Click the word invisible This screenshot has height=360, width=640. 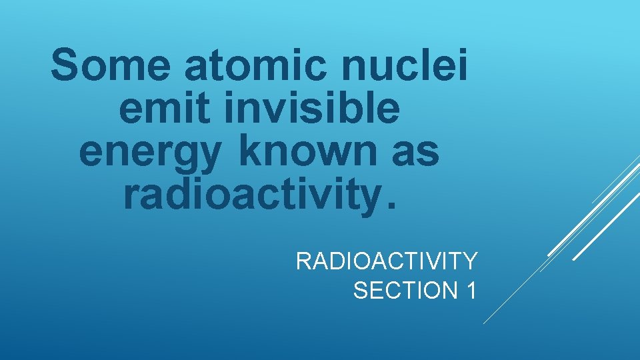coord(312,109)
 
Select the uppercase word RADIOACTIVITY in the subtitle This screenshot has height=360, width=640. coord(386,261)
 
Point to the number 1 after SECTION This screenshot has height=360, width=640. coord(469,291)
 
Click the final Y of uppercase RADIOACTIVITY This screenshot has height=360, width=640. coord(469,261)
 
